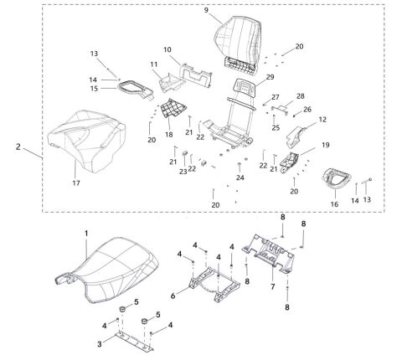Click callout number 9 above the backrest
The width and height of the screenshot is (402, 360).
coord(205,9)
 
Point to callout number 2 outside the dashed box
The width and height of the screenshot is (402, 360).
coord(18,146)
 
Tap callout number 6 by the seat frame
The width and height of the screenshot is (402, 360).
coord(172,295)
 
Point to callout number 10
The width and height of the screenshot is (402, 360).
coord(167,50)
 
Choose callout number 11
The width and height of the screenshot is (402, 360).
coord(154,64)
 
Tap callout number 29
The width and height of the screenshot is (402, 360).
coord(270,77)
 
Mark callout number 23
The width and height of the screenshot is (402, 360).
coord(183,172)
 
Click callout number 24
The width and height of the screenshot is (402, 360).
coord(240,177)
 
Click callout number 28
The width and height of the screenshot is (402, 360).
coord(300,96)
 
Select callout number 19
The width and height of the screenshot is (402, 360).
coord(326,146)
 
